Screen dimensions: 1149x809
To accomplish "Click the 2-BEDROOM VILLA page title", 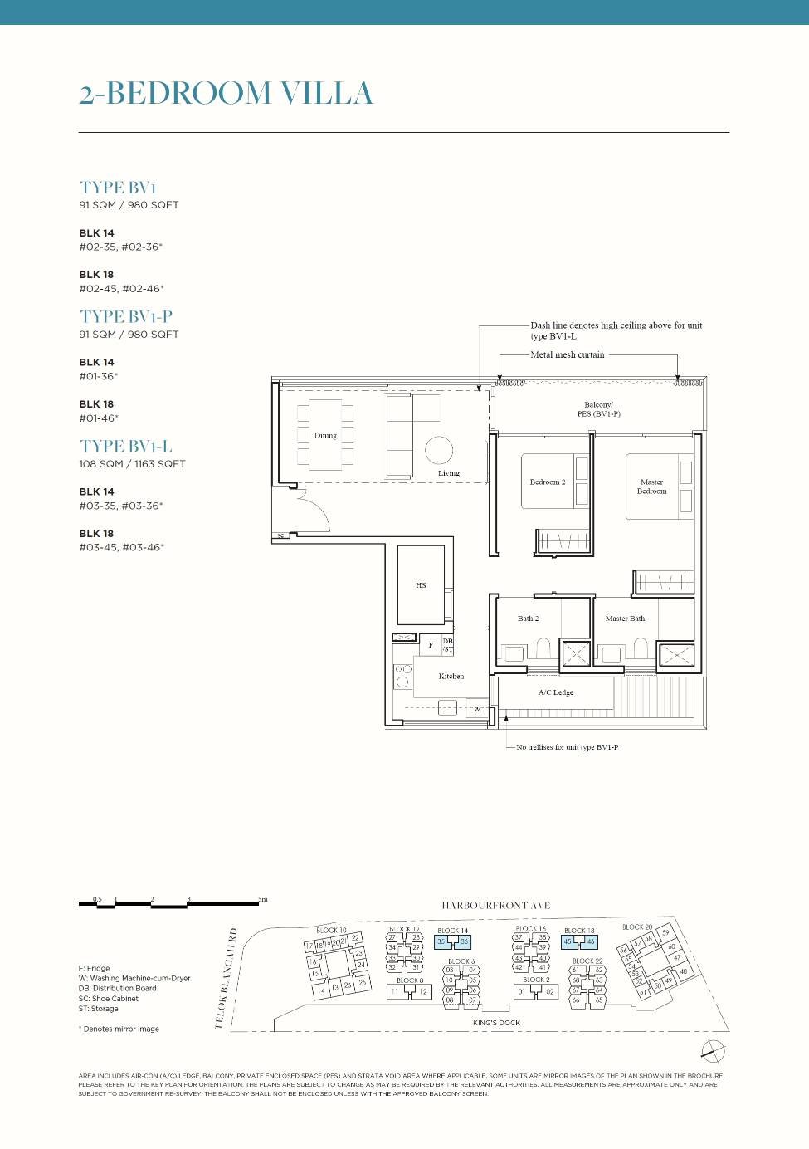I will pyautogui.click(x=226, y=93).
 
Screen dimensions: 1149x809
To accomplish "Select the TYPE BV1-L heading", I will pyautogui.click(x=126, y=447).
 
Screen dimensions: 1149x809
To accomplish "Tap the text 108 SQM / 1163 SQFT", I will pyautogui.click(x=132, y=464).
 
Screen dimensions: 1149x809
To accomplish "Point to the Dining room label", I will pyautogui.click(x=325, y=435).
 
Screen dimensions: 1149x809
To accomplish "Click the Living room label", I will pyautogui.click(x=449, y=473).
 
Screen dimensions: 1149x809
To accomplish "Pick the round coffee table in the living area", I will pyautogui.click(x=439, y=450).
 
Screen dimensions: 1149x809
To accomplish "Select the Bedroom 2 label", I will pyautogui.click(x=548, y=482).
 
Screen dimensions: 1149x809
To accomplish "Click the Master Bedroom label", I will pyautogui.click(x=651, y=486).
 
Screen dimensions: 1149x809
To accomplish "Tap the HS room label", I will pyautogui.click(x=421, y=585).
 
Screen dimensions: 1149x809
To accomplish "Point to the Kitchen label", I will pyautogui.click(x=451, y=676).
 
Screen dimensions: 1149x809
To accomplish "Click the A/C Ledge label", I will pyautogui.click(x=555, y=692).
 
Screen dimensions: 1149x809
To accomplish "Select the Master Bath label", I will pyautogui.click(x=625, y=619).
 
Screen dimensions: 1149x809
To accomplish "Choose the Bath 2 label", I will pyautogui.click(x=528, y=619).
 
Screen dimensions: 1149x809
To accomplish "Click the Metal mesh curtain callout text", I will pyautogui.click(x=568, y=354).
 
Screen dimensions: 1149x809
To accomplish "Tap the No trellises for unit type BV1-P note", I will pyautogui.click(x=567, y=747).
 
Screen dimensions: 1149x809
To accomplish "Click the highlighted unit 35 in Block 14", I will pyautogui.click(x=442, y=941).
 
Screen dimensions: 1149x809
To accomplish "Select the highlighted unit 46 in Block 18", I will pyautogui.click(x=590, y=941).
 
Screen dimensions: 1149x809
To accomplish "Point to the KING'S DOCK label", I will pyautogui.click(x=496, y=1023).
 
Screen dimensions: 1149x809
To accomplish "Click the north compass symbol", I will pyautogui.click(x=713, y=1050).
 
